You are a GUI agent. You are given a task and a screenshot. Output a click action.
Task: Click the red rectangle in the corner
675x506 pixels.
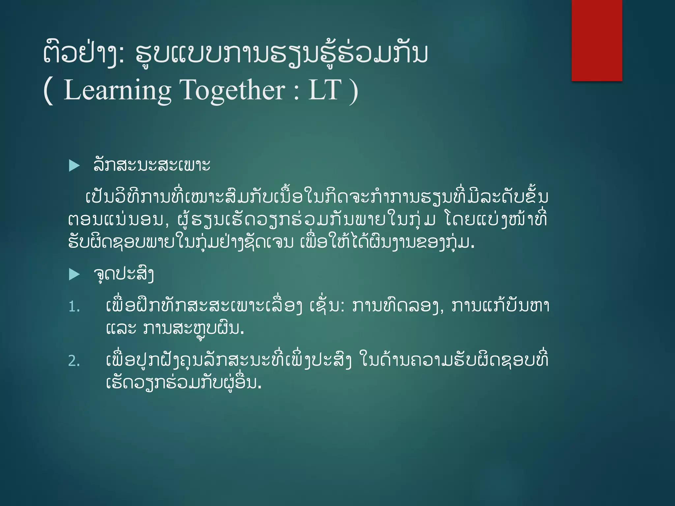pyautogui.click(x=597, y=40)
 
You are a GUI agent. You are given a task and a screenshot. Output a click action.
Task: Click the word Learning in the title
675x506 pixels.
pyautogui.click(x=117, y=90)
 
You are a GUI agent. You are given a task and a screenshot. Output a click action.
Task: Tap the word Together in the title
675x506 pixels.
pyautogui.click(x=232, y=90)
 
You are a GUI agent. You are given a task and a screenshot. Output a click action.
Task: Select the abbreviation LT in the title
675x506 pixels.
pyautogui.click(x=324, y=90)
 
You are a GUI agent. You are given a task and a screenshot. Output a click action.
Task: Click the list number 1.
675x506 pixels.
pyautogui.click(x=74, y=307)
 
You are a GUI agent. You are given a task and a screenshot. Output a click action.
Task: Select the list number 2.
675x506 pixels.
pyautogui.click(x=74, y=361)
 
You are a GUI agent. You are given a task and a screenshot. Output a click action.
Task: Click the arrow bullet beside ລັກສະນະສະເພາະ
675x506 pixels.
pyautogui.click(x=74, y=165)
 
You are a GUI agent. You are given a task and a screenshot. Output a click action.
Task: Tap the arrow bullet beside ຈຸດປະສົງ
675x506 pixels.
pyautogui.click(x=74, y=274)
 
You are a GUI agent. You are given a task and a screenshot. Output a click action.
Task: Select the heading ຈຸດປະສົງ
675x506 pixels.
pyautogui.click(x=124, y=274)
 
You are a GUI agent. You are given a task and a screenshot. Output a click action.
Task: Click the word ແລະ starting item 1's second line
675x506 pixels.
pyautogui.click(x=121, y=328)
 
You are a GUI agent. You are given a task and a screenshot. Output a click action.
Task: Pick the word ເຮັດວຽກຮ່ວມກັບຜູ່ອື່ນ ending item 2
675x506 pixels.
pyautogui.click(x=183, y=383)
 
